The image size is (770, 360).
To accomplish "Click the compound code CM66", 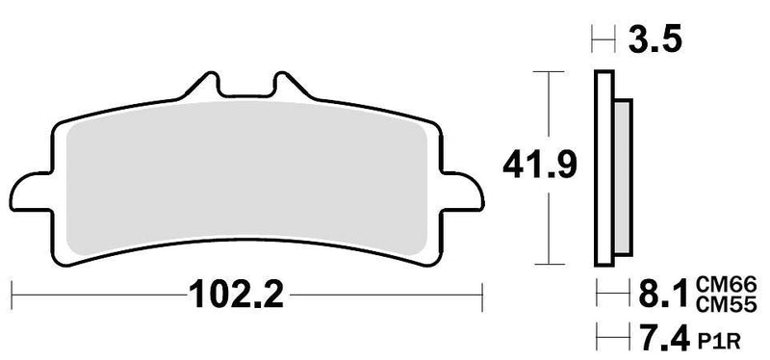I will pyautogui.click(x=732, y=280).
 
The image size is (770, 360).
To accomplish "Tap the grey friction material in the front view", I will pyautogui.click(x=241, y=178).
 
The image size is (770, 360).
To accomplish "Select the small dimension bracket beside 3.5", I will pyautogui.click(x=602, y=41).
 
